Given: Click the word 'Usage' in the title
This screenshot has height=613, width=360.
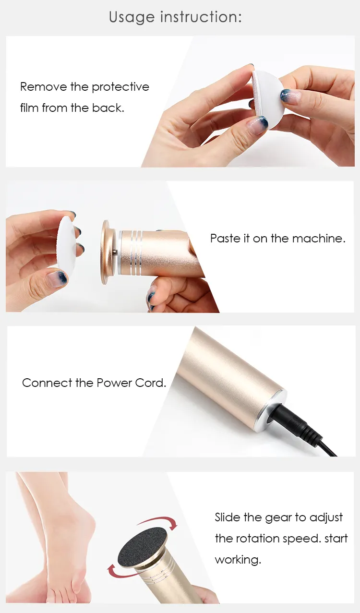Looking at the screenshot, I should [x=132, y=17].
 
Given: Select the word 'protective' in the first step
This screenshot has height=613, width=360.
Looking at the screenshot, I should [x=120, y=87].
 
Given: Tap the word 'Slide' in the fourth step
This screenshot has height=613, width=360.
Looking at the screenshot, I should [x=228, y=517].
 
